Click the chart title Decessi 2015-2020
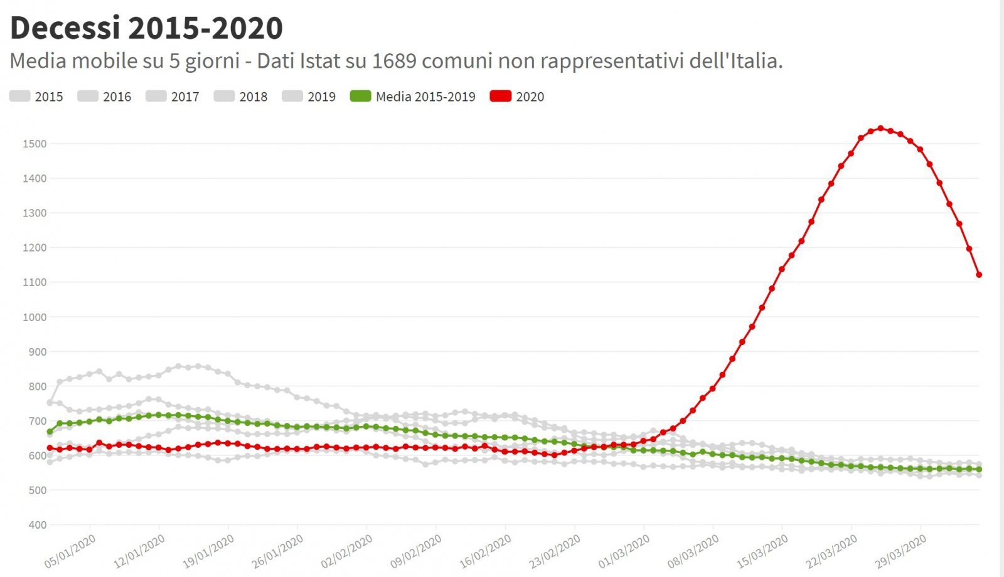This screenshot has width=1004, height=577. click(146, 28)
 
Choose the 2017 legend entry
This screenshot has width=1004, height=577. click(173, 97)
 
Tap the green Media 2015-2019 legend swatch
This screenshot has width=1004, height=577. click(361, 97)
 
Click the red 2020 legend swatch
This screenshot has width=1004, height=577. click(501, 97)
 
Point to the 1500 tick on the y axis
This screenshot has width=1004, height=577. click(35, 144)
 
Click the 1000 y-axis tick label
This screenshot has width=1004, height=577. click(35, 317)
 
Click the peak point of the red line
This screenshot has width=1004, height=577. click(880, 129)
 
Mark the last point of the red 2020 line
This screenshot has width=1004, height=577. click(979, 275)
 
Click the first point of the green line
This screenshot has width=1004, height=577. click(50, 431)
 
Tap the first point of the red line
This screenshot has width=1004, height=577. click(50, 448)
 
